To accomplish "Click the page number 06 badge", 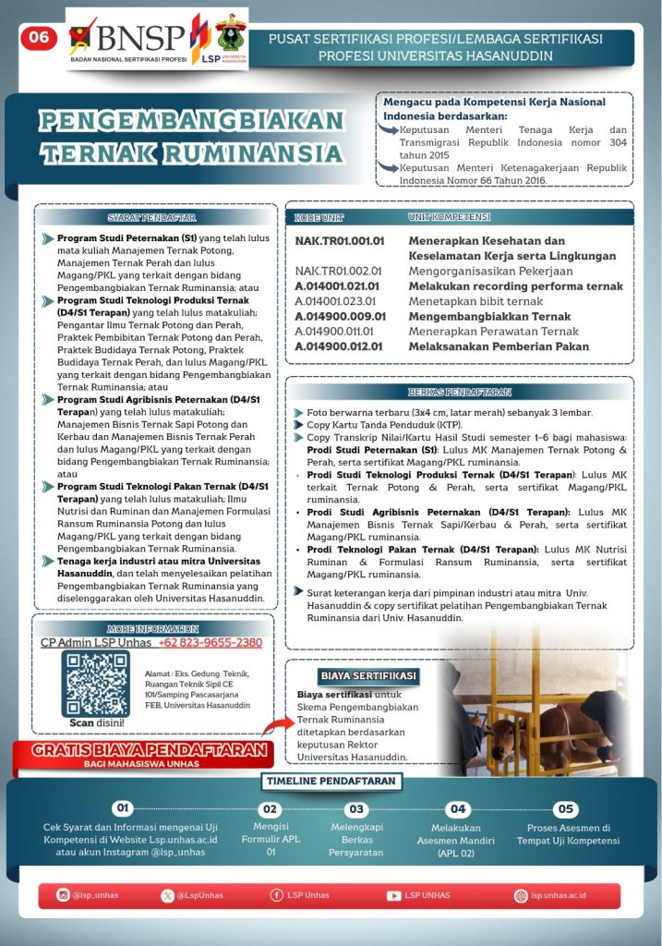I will coord(40,38).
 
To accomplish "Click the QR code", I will coord(96,683).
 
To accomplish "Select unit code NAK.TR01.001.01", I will coord(339,240).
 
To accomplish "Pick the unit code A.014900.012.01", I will coord(339,346).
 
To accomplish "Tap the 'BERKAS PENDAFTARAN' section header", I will coord(459,392).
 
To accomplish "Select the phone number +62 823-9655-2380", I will coord(211,643).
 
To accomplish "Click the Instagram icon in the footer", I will coord(63,895).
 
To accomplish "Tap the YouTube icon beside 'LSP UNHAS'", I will coord(394,895).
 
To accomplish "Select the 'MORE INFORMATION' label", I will coord(153,628).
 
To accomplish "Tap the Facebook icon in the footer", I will coord(276,895).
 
